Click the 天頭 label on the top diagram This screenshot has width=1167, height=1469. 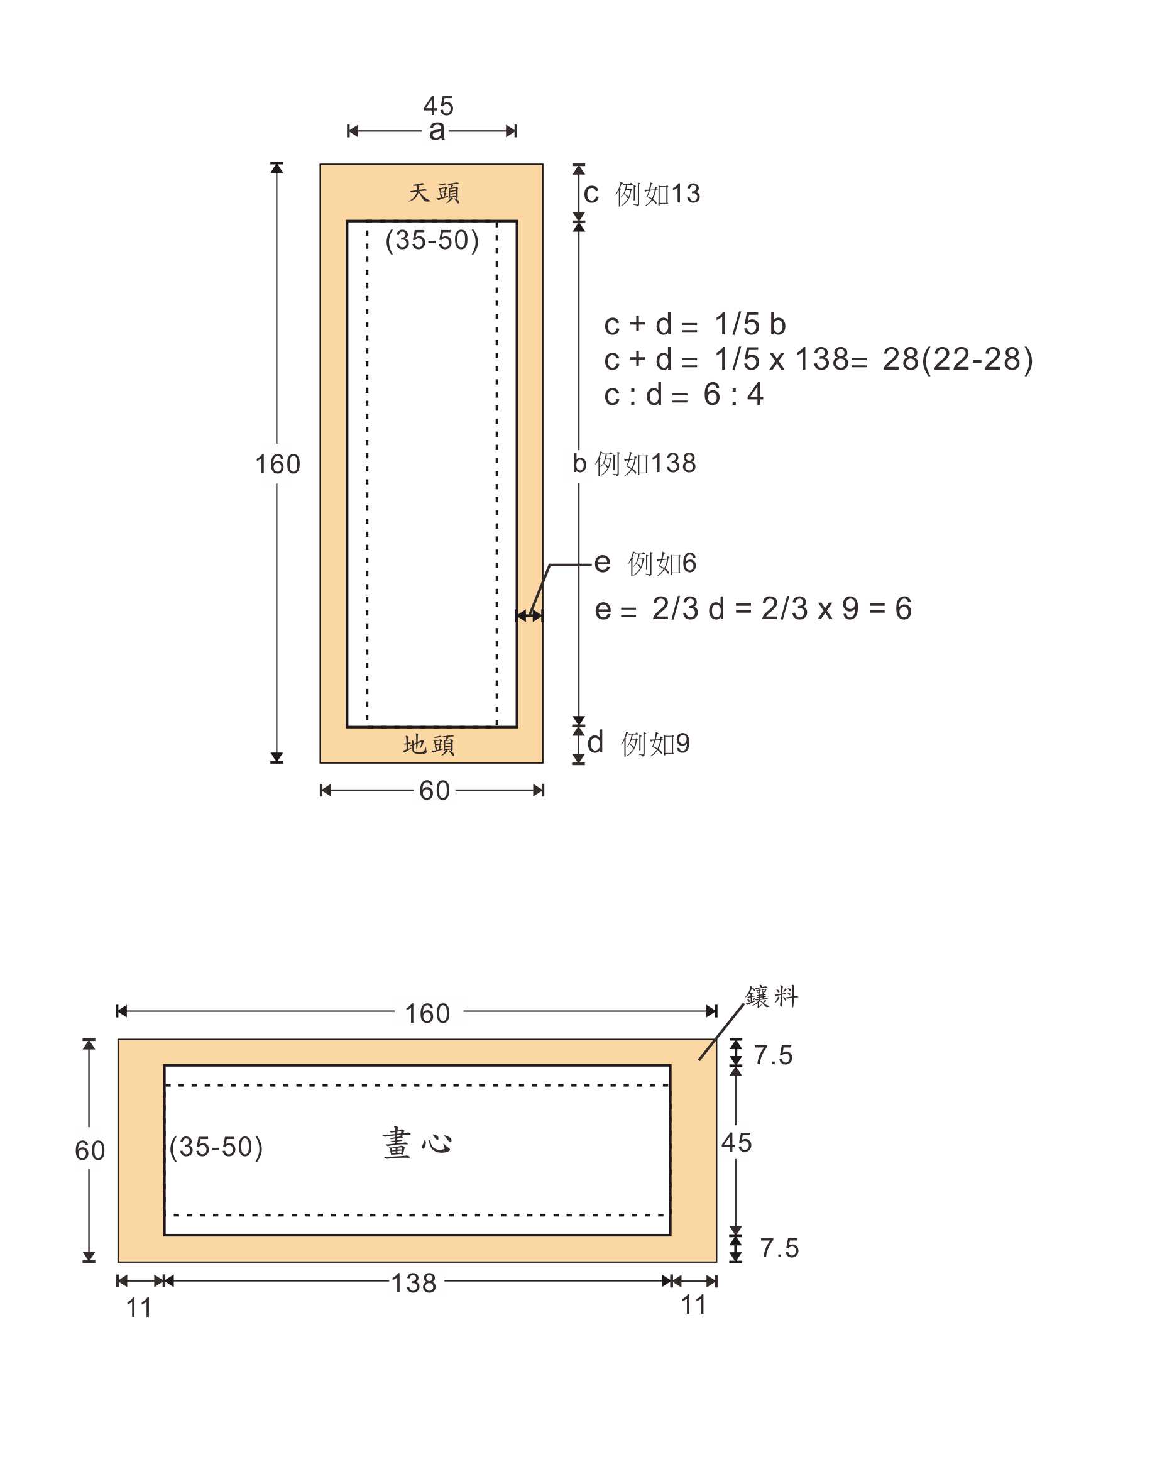434,193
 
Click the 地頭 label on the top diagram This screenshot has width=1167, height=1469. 429,745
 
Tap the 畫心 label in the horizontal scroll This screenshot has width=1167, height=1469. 417,1143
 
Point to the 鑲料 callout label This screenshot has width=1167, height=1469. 771,996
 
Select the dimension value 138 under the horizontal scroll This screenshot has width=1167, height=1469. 414,1283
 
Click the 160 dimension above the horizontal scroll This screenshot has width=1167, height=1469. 427,1013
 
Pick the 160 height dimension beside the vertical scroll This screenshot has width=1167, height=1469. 277,464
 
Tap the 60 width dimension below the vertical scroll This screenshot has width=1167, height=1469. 435,790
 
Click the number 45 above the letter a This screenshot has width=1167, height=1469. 438,106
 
